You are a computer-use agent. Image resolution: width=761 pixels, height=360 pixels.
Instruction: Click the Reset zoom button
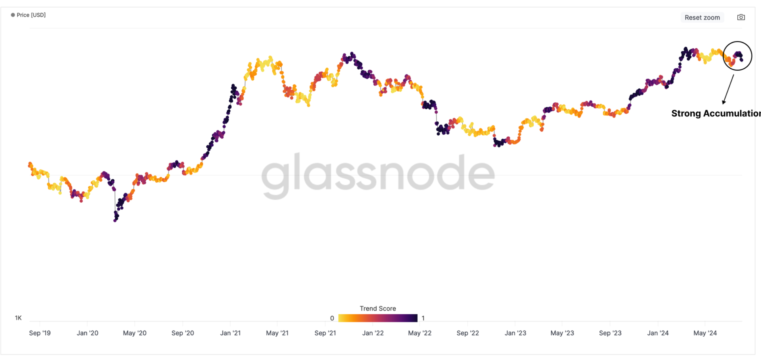pyautogui.click(x=702, y=17)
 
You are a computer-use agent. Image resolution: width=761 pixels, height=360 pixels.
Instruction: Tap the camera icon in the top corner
pyautogui.click(x=741, y=17)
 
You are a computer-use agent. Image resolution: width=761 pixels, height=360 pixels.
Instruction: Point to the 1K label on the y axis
pyautogui.click(x=18, y=318)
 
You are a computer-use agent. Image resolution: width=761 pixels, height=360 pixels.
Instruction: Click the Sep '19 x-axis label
pyautogui.click(x=40, y=333)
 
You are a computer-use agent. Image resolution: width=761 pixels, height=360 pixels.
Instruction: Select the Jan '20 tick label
pyautogui.click(x=87, y=333)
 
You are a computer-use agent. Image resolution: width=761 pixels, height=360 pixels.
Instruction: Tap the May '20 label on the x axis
pyautogui.click(x=135, y=333)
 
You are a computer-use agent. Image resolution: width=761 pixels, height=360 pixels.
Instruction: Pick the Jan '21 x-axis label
pyautogui.click(x=230, y=333)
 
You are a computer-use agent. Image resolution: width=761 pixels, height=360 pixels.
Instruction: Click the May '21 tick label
pyautogui.click(x=277, y=333)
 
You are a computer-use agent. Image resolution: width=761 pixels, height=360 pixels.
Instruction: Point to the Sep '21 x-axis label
pyautogui.click(x=325, y=333)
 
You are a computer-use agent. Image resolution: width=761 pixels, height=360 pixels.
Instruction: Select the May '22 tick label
pyautogui.click(x=420, y=333)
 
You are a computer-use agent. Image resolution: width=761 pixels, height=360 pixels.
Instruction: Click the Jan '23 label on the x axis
pyautogui.click(x=515, y=333)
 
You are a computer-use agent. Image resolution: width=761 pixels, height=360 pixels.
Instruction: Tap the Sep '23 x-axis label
pyautogui.click(x=610, y=333)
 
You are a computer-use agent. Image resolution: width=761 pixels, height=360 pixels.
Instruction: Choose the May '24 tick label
pyautogui.click(x=705, y=333)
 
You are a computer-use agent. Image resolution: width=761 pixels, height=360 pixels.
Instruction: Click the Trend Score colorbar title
pyautogui.click(x=378, y=308)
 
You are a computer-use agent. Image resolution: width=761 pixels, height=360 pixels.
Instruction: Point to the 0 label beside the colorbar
pyautogui.click(x=332, y=318)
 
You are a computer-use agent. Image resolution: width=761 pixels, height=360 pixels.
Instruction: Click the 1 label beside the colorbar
pyautogui.click(x=423, y=318)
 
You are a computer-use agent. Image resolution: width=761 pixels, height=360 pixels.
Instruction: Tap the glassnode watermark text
pyautogui.click(x=378, y=174)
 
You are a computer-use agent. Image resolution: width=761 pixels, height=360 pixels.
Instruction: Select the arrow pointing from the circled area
pyautogui.click(x=728, y=89)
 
